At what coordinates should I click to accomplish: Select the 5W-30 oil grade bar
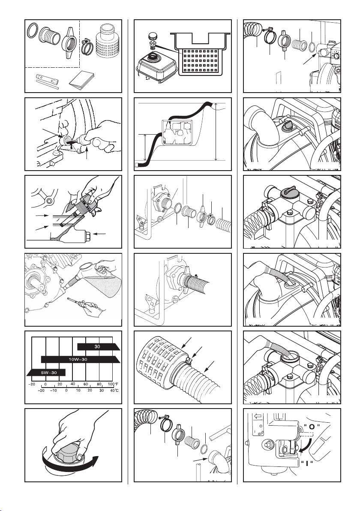[46, 372]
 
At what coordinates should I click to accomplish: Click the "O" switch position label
[312, 427]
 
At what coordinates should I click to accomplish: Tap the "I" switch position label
[306, 463]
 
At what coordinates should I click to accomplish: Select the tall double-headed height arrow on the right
[216, 131]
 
